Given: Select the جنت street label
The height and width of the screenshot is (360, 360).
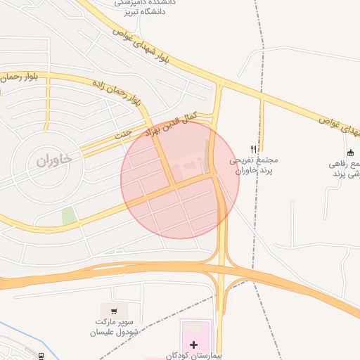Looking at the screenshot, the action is point(123,132).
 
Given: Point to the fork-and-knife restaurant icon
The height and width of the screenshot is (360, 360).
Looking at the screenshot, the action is point(254,149).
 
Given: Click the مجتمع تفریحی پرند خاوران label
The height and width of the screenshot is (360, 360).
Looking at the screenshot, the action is point(250,165).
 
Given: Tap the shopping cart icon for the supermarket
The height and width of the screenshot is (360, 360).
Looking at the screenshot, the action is point(115,309).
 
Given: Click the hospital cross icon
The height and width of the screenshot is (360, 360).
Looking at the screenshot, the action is point(193,345).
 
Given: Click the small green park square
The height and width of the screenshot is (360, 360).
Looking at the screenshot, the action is point(69,217).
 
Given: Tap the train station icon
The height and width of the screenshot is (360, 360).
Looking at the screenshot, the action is point(41,356).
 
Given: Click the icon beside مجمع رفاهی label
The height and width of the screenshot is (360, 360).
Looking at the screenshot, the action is point(350,153).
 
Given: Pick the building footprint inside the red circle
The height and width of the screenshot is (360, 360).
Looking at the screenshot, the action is point(188,168).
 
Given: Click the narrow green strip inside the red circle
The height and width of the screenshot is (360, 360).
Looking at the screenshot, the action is point(207,150).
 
